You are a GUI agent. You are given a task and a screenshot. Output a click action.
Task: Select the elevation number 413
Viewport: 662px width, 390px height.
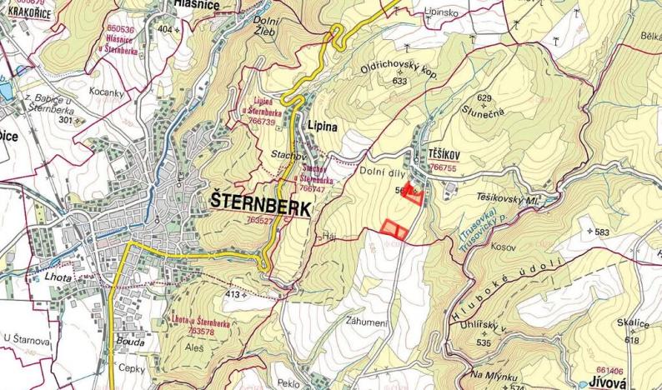233,295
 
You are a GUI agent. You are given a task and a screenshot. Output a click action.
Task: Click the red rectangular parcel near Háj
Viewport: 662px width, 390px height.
394,227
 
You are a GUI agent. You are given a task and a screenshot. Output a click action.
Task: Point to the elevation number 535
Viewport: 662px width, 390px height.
484,342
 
